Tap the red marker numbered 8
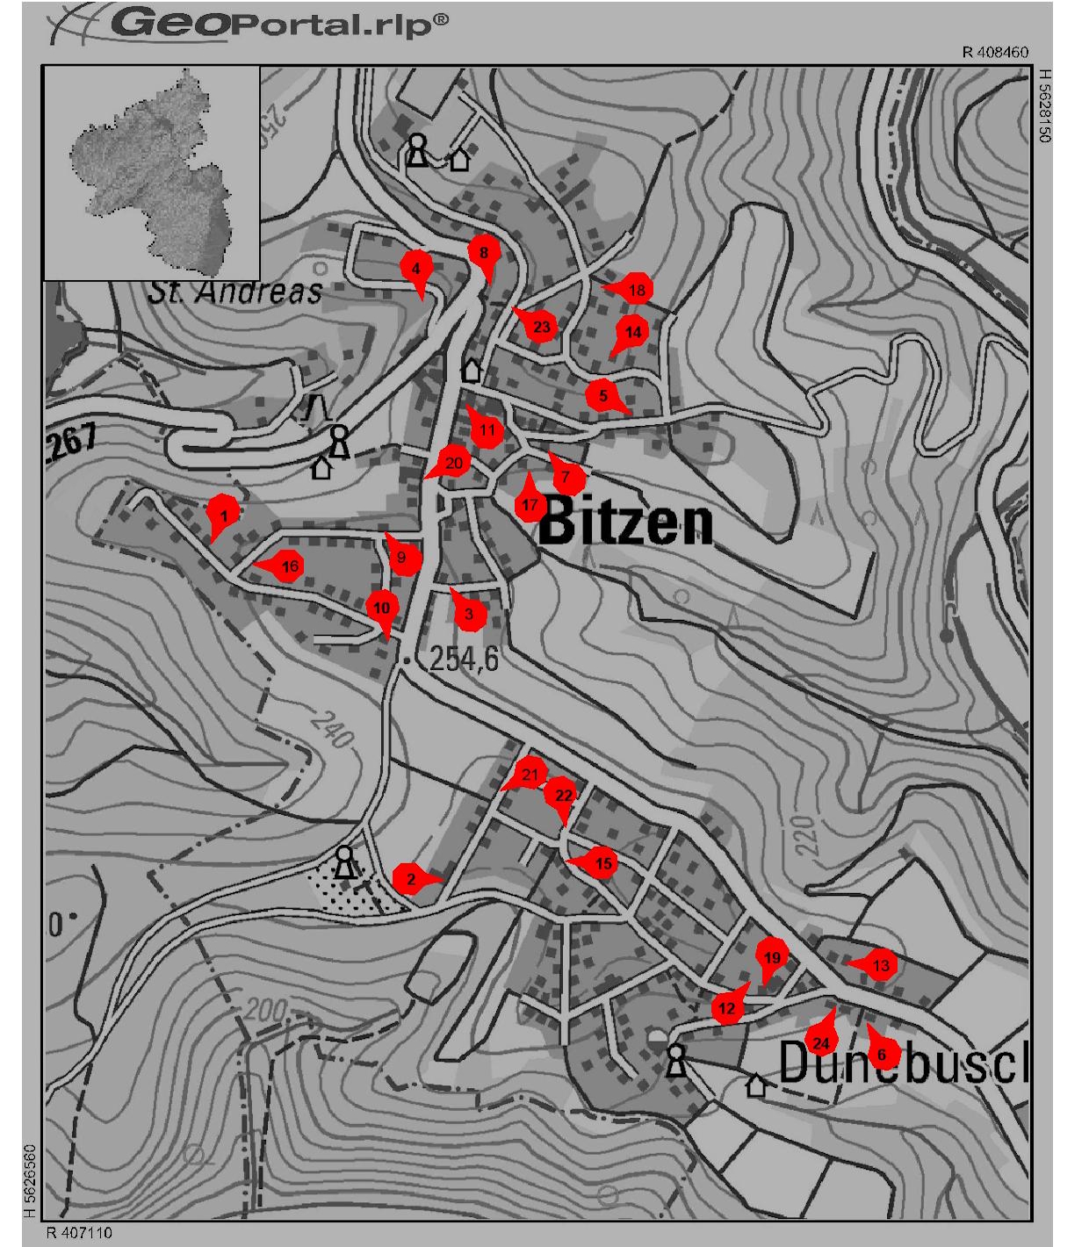(483, 253)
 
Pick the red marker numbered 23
(540, 328)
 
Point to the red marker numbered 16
(288, 566)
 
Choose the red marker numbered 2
(411, 879)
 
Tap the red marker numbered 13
(881, 965)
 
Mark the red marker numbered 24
(820, 1042)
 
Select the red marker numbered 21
(529, 774)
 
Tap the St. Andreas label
(235, 292)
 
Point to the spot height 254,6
(464, 658)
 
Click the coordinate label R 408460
(995, 53)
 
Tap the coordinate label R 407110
(79, 1232)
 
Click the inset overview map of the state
(151, 173)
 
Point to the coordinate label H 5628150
(1044, 105)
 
